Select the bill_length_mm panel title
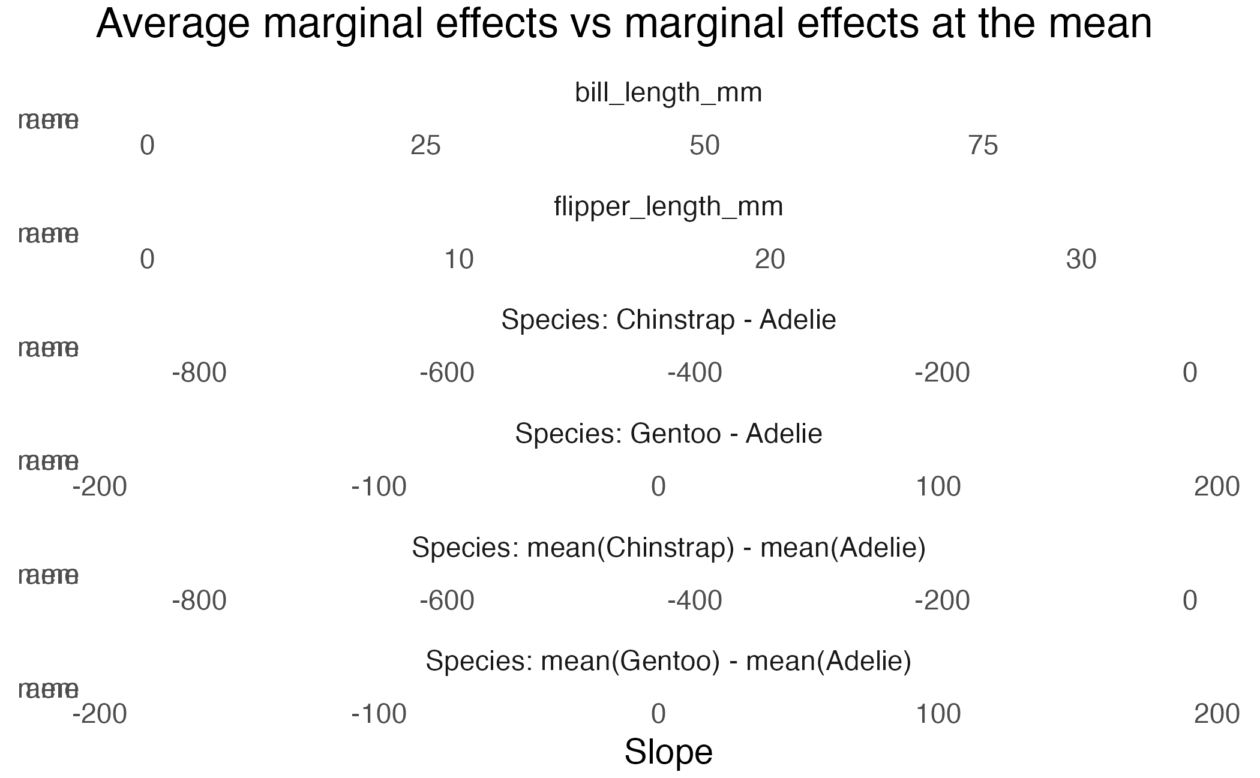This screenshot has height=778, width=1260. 668,93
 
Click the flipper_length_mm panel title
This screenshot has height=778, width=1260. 668,207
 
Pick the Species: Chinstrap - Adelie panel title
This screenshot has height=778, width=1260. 668,320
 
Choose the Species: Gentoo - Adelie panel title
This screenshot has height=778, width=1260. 668,434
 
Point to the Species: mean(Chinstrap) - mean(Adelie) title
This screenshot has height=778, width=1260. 668,548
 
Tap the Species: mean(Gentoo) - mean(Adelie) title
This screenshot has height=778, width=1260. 668,661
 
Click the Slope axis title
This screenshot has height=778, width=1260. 668,752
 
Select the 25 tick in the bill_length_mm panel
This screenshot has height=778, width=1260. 425,146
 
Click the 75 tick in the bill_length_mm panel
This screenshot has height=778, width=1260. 983,146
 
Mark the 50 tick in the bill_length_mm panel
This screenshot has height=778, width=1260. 704,146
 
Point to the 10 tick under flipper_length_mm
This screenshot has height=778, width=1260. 459,260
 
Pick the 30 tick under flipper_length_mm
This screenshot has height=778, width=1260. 1081,260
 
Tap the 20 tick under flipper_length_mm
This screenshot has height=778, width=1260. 770,260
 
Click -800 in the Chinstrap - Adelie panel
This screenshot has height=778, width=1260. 199,373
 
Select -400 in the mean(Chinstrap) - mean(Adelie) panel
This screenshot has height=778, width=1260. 695,600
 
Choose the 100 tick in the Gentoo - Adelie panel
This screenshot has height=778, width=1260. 938,487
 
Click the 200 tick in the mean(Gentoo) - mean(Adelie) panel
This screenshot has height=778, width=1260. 1217,714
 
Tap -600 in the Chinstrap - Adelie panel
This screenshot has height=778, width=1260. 447,373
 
